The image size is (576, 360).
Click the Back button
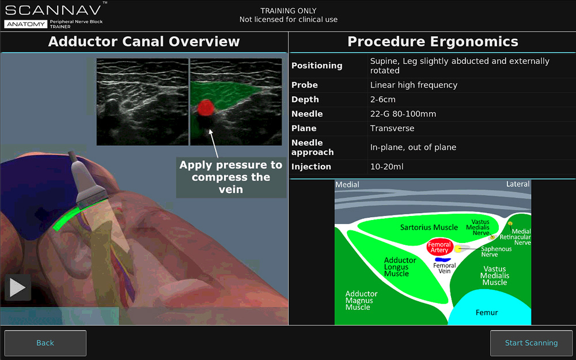pos(45,343)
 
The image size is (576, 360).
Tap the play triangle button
pos(18,287)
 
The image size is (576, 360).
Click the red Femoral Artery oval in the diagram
pos(439,247)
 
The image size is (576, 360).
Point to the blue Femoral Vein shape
pos(442,260)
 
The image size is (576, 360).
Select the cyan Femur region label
pos(487,313)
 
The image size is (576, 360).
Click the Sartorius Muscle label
pos(429,228)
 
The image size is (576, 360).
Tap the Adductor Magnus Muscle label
pos(362,301)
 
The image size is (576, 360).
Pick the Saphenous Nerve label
pos(497,252)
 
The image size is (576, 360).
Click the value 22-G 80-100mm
pos(403,114)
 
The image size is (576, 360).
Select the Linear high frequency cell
pos(414,85)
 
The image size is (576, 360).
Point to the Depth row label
pos(305,100)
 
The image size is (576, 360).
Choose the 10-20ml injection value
pos(387,166)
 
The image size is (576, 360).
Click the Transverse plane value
pos(392,128)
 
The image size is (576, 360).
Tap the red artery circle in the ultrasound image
pos(206,107)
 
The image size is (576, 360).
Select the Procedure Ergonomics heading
pos(433,41)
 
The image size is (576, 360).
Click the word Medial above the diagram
pos(347,184)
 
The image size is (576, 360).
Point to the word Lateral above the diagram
pos(518,184)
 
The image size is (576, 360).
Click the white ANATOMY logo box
pos(26,24)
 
